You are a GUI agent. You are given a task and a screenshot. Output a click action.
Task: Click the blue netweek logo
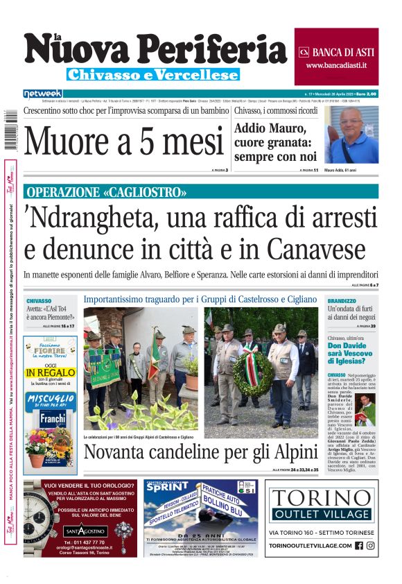pyautogui.click(x=42, y=93)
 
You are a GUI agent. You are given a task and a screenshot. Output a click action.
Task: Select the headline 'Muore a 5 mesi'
pyautogui.click(x=124, y=141)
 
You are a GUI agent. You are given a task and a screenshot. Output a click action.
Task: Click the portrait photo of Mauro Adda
pyautogui.click(x=351, y=135)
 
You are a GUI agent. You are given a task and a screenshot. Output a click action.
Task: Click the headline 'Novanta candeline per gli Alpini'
pyautogui.click(x=200, y=452)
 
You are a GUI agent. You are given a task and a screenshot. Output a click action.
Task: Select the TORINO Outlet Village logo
pyautogui.click(x=321, y=506)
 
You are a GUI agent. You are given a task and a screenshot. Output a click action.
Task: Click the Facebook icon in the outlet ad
pyautogui.click(x=359, y=546)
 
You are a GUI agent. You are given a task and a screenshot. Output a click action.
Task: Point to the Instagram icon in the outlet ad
pyautogui.click(x=371, y=546)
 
